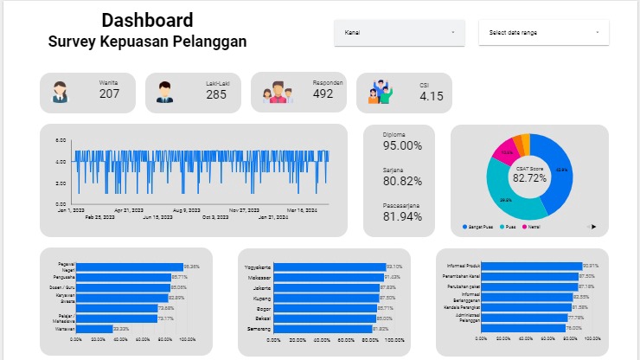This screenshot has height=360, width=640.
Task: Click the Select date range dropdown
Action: [543, 33]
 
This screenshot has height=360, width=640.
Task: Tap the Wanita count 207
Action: [109, 93]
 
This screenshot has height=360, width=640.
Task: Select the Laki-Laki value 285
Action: [216, 94]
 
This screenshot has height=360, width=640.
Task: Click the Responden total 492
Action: [323, 93]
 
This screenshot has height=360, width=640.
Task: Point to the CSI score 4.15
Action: [432, 95]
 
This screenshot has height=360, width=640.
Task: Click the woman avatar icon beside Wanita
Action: [60, 92]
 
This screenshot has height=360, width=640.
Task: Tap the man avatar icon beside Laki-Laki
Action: [165, 92]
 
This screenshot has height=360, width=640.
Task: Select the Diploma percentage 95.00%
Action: [402, 146]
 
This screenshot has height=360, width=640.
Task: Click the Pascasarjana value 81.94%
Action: [402, 216]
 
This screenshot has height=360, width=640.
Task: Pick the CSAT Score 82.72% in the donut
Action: [529, 177]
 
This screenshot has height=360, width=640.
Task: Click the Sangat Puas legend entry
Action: [477, 227]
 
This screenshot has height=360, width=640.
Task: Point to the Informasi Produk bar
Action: [533, 266]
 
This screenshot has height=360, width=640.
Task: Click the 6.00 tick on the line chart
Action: [61, 140]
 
